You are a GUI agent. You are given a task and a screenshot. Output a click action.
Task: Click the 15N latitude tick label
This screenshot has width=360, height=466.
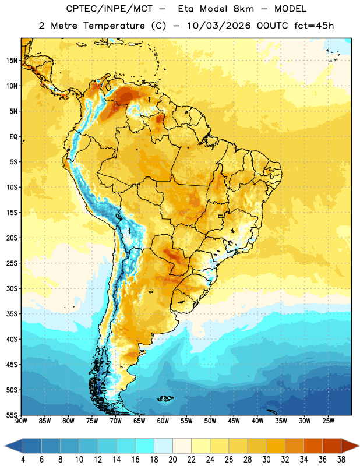click(x=12, y=61)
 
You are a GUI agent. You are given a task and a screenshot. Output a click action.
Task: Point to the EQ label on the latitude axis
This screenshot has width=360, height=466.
click(x=13, y=137)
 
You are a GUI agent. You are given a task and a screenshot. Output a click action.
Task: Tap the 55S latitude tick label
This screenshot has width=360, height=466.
click(x=12, y=415)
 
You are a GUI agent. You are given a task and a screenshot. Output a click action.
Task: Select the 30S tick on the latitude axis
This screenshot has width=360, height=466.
click(x=12, y=288)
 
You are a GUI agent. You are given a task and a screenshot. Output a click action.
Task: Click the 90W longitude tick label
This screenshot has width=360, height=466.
click(x=21, y=421)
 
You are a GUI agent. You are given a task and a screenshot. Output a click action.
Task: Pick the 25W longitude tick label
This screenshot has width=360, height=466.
click(x=328, y=421)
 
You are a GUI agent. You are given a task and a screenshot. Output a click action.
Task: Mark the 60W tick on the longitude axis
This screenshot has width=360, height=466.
click(x=163, y=421)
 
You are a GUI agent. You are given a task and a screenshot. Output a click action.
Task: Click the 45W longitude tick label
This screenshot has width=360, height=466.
click(x=234, y=421)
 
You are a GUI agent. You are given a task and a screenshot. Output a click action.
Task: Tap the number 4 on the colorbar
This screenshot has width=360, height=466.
click(x=23, y=460)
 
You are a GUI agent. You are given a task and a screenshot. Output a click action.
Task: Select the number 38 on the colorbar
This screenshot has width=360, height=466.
click(x=341, y=460)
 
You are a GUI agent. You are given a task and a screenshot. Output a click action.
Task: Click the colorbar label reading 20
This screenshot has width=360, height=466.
click(x=172, y=460)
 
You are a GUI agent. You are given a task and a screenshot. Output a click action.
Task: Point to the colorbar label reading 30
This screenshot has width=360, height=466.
click(x=266, y=460)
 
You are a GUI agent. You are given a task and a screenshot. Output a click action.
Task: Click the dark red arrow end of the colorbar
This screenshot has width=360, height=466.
click(x=349, y=446)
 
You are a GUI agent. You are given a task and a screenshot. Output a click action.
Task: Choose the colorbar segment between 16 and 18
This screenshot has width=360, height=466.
click(x=145, y=446)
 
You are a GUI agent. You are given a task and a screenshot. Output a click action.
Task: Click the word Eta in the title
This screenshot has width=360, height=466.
click(x=186, y=9)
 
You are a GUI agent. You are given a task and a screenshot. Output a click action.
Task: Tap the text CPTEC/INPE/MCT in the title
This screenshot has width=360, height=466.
click(x=110, y=9)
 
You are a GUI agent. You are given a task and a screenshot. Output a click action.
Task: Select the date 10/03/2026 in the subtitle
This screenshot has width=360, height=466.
click(x=219, y=26)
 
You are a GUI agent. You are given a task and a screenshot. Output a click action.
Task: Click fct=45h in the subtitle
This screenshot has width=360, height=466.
click(x=314, y=26)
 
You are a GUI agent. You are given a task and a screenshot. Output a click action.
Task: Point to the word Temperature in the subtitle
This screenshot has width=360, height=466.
click(x=114, y=26)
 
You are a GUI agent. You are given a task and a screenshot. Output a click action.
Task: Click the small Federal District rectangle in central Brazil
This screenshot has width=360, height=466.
click(x=220, y=216)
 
